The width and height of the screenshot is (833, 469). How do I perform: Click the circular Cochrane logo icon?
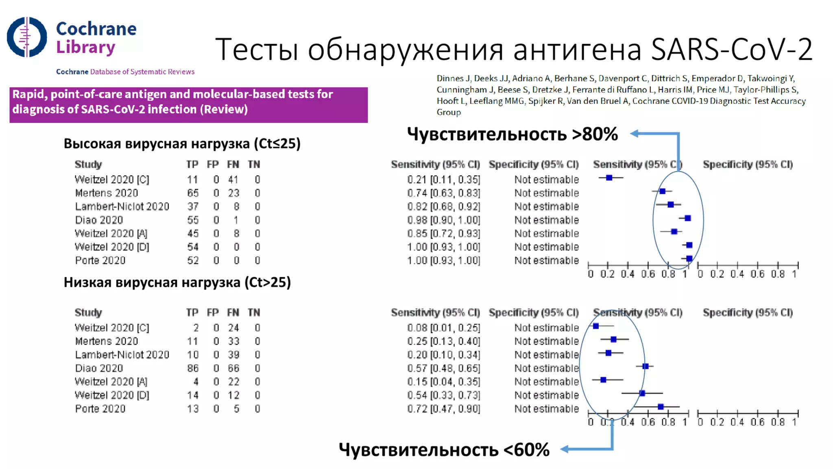click(x=27, y=37)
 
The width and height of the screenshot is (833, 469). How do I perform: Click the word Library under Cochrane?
click(x=86, y=47)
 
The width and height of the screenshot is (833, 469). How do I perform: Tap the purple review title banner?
click(x=188, y=104)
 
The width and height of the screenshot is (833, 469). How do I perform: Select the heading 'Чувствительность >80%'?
click(x=512, y=134)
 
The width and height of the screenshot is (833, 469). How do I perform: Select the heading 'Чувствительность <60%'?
click(x=444, y=449)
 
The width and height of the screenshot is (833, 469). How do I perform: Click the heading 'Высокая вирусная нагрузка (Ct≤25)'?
click(x=182, y=143)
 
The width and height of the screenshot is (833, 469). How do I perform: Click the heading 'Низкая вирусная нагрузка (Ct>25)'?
click(x=177, y=282)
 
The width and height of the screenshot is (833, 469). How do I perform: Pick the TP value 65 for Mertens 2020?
click(x=193, y=193)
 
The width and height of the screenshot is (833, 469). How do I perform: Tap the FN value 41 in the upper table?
click(x=233, y=180)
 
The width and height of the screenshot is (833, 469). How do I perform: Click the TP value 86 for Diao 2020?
click(x=193, y=368)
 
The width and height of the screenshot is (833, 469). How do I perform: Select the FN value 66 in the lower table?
click(x=233, y=368)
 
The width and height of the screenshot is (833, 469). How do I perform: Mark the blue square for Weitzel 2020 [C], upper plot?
click(x=609, y=178)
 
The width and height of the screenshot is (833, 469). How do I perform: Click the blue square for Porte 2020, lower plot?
click(x=661, y=406)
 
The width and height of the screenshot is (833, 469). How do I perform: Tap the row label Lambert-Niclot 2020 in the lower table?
click(x=122, y=355)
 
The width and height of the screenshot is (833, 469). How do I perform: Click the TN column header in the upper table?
click(x=254, y=164)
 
